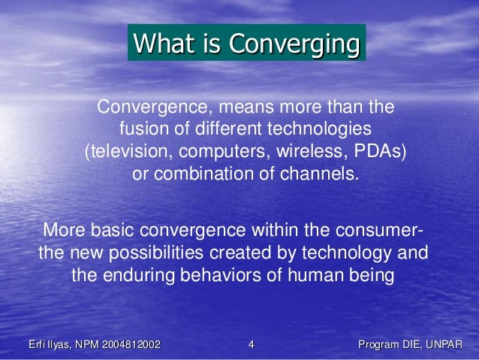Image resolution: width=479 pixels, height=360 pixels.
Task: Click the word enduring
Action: tap(140, 275)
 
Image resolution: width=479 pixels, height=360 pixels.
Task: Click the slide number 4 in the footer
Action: tap(251, 345)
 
